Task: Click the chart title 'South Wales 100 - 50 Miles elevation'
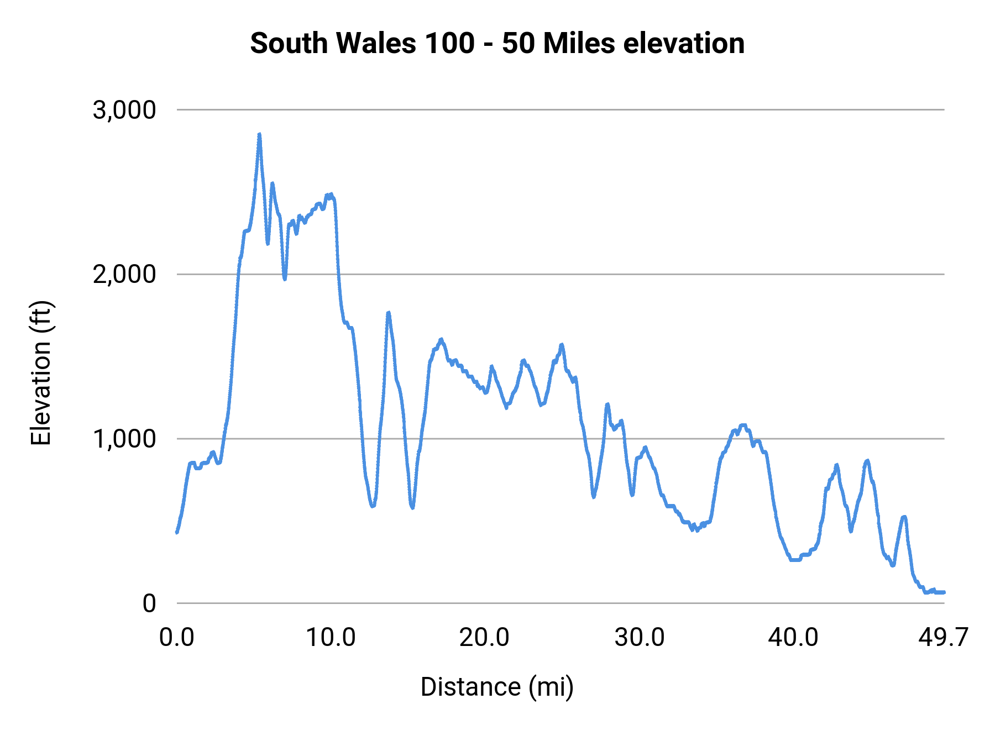point(497,43)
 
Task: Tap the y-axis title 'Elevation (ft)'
point(41,373)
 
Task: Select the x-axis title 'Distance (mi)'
point(497,687)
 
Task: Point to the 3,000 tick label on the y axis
point(124,110)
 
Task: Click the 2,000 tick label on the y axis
point(124,274)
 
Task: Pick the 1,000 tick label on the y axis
point(124,439)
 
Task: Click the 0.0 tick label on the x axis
point(177,638)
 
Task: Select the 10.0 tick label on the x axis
point(331,638)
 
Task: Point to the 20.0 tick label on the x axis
point(485,638)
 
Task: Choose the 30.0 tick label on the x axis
point(640,638)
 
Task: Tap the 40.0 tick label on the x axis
point(793,638)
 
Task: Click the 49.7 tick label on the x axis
point(943,638)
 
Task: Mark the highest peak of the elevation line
point(259,134)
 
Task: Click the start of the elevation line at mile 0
point(177,532)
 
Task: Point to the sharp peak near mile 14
point(389,313)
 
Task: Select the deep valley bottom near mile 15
point(412,507)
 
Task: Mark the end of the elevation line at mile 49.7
point(944,592)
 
